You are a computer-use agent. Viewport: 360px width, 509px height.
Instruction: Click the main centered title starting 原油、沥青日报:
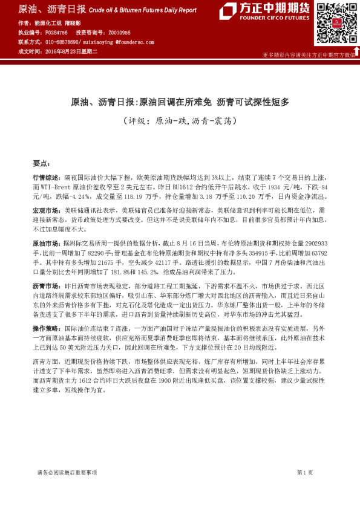pyautogui.click(x=180, y=102)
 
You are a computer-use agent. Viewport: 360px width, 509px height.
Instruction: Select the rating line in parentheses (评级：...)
pyautogui.click(x=180, y=121)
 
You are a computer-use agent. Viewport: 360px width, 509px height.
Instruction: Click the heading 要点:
pyautogui.click(x=41, y=163)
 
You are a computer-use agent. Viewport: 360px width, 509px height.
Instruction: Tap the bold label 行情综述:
pyautogui.click(x=46, y=178)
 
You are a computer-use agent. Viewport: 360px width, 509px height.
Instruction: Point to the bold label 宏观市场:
pyautogui.click(x=46, y=209)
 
